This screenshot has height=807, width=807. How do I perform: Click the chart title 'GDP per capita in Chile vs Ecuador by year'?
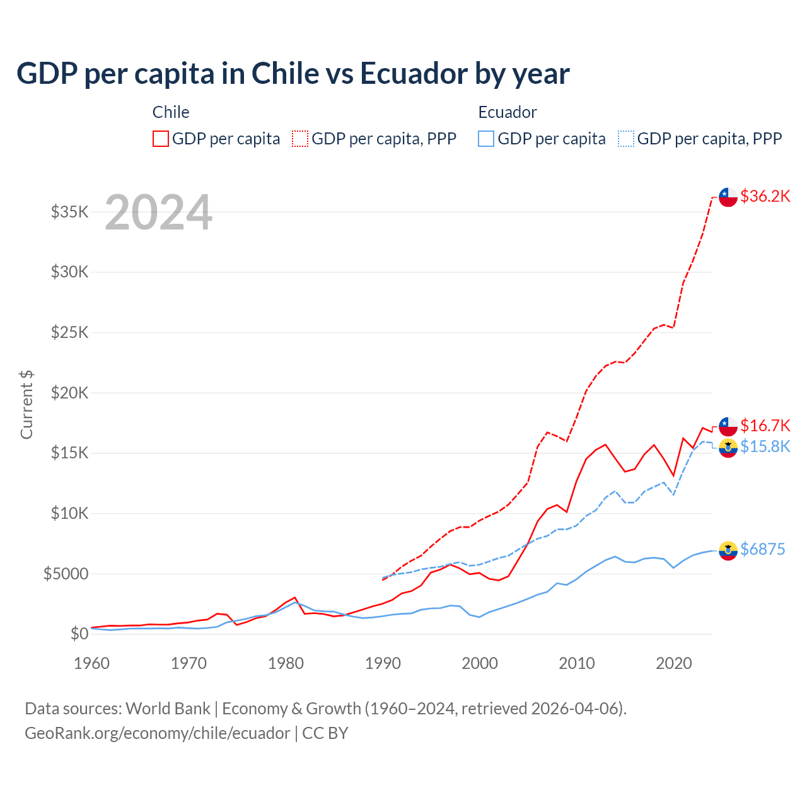pyautogui.click(x=293, y=74)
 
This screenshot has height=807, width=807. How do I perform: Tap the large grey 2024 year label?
pyautogui.click(x=158, y=213)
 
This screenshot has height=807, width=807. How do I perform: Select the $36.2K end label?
pyautogui.click(x=765, y=196)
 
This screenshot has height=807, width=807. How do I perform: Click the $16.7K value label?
pyautogui.click(x=765, y=426)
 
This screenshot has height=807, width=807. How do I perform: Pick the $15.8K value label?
pyautogui.click(x=765, y=446)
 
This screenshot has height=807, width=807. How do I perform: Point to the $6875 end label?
pyautogui.click(x=762, y=549)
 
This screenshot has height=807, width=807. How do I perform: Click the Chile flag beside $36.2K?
pyautogui.click(x=728, y=197)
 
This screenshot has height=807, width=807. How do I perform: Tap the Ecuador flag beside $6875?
pyautogui.click(x=728, y=550)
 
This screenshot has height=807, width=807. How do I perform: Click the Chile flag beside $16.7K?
pyautogui.click(x=728, y=426)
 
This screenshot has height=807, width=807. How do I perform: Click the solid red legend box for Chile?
pyautogui.click(x=161, y=139)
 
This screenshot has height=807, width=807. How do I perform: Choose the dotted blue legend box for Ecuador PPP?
pyautogui.click(x=626, y=139)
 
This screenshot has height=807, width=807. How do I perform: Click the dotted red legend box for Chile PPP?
pyautogui.click(x=300, y=139)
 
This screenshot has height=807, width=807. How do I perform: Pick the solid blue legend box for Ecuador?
pyautogui.click(x=486, y=139)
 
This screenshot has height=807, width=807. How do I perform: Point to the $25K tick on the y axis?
pyautogui.click(x=69, y=332)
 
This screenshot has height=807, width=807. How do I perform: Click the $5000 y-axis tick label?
pyautogui.click(x=66, y=574)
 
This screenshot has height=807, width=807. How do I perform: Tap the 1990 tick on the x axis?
pyautogui.click(x=383, y=663)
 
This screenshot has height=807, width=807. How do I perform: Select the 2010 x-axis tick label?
pyautogui.click(x=577, y=663)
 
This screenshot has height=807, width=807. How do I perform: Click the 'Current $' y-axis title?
pyautogui.click(x=26, y=405)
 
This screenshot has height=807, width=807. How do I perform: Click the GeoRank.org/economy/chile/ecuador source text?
pyautogui.click(x=157, y=733)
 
